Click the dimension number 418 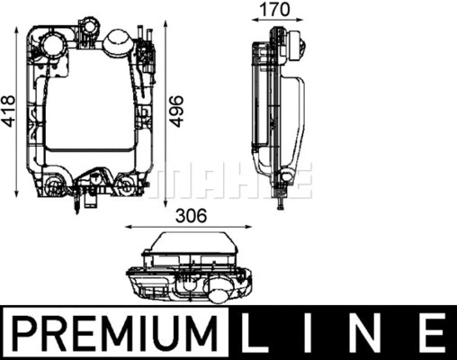click(x=9, y=111)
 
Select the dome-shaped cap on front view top click(x=116, y=41)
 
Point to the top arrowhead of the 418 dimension click(x=21, y=33)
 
